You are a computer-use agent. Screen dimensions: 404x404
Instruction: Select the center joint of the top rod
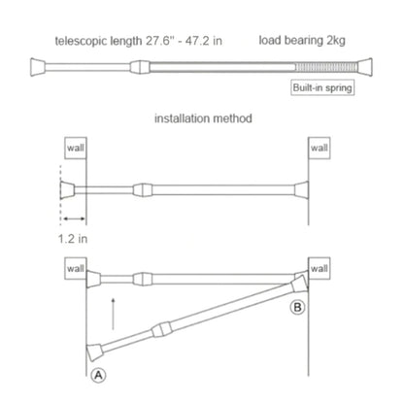point(141,67)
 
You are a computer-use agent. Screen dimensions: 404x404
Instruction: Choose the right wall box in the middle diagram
point(320,148)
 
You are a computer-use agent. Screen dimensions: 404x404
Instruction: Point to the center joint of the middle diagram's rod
point(143,188)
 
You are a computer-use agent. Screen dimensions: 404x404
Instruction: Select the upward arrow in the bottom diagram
point(115,315)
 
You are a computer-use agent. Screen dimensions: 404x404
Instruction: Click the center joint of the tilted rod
point(158,330)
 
